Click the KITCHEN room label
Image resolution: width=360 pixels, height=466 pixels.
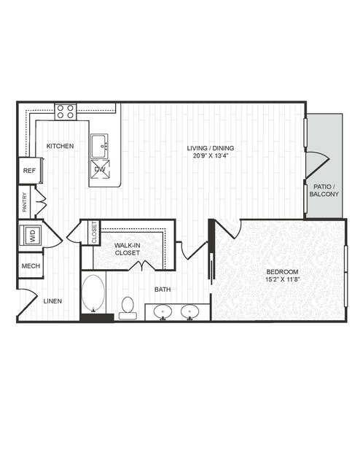[x=60, y=146]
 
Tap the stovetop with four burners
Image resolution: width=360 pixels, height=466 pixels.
[x=66, y=112]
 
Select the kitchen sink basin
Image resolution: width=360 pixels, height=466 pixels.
[x=99, y=146]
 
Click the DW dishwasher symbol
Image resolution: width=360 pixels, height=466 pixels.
[x=100, y=169]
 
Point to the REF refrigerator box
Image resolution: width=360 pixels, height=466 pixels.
[x=29, y=171]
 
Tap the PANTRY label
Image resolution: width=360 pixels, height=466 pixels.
[x=25, y=202]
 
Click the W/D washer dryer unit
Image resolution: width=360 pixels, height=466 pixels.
[x=31, y=235]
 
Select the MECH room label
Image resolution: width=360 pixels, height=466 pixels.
[x=31, y=266]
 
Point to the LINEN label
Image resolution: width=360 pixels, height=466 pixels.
[x=52, y=301]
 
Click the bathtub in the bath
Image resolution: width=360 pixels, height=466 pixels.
[x=93, y=294]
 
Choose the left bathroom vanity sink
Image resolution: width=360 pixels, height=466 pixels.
[x=163, y=312]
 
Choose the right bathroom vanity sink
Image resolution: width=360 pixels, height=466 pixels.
[x=190, y=312]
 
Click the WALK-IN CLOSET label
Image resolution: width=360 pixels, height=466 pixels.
[x=127, y=249]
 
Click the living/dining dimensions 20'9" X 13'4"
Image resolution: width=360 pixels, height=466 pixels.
[x=211, y=155]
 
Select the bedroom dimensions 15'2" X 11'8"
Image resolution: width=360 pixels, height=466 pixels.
[x=282, y=279]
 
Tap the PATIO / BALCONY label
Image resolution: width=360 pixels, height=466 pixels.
[x=324, y=190]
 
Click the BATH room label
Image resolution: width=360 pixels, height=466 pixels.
[x=163, y=290]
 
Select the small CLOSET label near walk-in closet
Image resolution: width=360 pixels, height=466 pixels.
[x=95, y=233]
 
